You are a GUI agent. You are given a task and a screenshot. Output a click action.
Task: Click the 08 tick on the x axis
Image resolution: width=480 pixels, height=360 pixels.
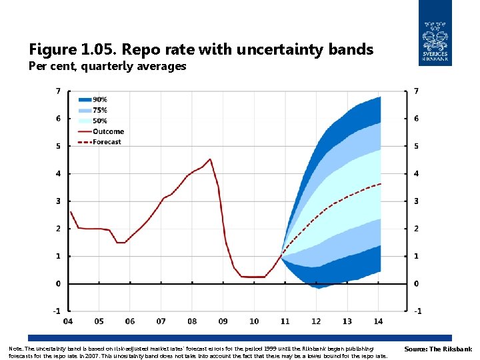click(x=192, y=321)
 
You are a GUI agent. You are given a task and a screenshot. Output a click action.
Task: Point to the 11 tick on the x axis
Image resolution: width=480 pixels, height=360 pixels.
click(x=285, y=321)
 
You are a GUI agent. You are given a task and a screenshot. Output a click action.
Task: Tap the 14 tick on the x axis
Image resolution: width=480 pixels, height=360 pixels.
click(x=377, y=321)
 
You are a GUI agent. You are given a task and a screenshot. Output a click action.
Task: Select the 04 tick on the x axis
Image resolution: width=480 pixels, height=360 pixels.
click(x=68, y=321)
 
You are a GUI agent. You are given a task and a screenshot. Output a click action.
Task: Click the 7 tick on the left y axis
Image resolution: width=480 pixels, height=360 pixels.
click(x=59, y=91)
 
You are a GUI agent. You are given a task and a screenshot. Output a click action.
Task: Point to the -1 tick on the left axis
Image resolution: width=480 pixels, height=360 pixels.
click(x=57, y=311)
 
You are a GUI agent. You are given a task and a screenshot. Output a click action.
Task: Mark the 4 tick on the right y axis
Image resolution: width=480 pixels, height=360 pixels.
click(x=417, y=173)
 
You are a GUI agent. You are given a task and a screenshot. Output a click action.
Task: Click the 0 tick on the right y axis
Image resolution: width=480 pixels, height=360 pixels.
click(x=417, y=283)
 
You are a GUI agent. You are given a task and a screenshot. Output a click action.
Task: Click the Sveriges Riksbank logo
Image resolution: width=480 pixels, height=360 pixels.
click(x=435, y=33)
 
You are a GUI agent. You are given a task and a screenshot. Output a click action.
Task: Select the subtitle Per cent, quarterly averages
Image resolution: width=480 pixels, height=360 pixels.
click(x=107, y=67)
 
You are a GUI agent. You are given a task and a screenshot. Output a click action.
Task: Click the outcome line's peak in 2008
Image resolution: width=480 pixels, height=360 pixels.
click(x=210, y=159)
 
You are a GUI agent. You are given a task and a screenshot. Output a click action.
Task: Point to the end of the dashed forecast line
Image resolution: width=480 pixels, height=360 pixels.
click(x=380, y=184)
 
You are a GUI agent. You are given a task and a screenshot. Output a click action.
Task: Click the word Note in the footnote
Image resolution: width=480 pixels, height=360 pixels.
click(x=15, y=349)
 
